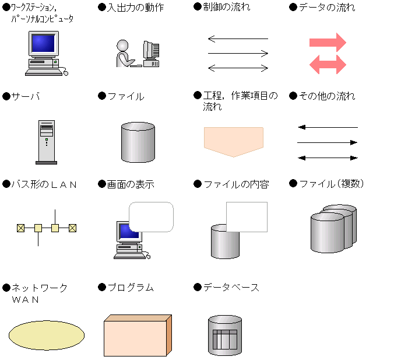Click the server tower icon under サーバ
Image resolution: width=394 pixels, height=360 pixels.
47,142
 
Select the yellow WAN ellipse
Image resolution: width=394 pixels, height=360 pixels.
47,335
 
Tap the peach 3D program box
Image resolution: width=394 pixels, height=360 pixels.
138,335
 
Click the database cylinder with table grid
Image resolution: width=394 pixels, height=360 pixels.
225,335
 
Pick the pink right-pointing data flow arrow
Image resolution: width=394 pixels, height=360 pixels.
328,42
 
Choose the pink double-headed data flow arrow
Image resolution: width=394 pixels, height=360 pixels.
328,65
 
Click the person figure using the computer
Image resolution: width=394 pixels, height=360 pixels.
125,53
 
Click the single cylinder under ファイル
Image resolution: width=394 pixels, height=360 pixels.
138,142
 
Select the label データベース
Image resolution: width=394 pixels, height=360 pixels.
231,287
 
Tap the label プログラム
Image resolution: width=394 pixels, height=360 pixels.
131,287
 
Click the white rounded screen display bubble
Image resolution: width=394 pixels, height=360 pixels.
152,217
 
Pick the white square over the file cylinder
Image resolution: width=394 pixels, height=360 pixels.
247,217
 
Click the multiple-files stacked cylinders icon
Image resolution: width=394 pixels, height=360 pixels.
333,228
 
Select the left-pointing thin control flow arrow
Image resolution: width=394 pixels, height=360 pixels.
238,39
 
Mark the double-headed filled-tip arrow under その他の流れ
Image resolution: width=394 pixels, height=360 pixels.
328,158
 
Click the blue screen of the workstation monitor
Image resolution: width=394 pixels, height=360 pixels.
43,43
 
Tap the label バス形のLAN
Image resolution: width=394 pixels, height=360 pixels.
44,184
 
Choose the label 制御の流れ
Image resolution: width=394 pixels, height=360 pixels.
227,7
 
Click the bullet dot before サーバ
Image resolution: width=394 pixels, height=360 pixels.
6,96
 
